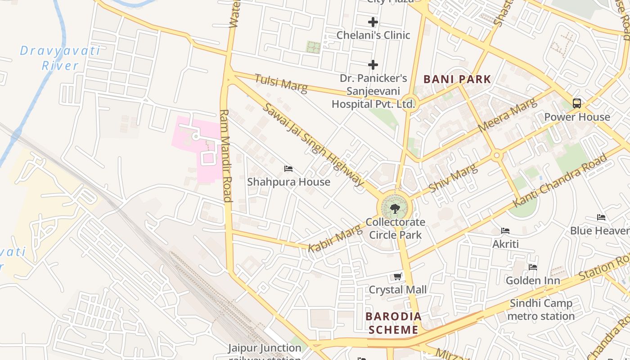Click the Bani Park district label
457,80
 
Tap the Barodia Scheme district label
394,323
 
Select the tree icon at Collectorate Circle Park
395,208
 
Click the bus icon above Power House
577,103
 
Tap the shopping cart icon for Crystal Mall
397,276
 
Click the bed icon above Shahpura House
288,169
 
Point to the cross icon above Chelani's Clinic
373,22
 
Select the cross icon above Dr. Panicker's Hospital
373,65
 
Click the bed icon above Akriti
505,231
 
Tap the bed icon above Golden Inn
533,267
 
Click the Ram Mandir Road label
226,155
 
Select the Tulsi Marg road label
281,84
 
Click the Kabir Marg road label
335,238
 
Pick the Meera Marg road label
508,115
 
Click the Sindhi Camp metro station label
541,310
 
